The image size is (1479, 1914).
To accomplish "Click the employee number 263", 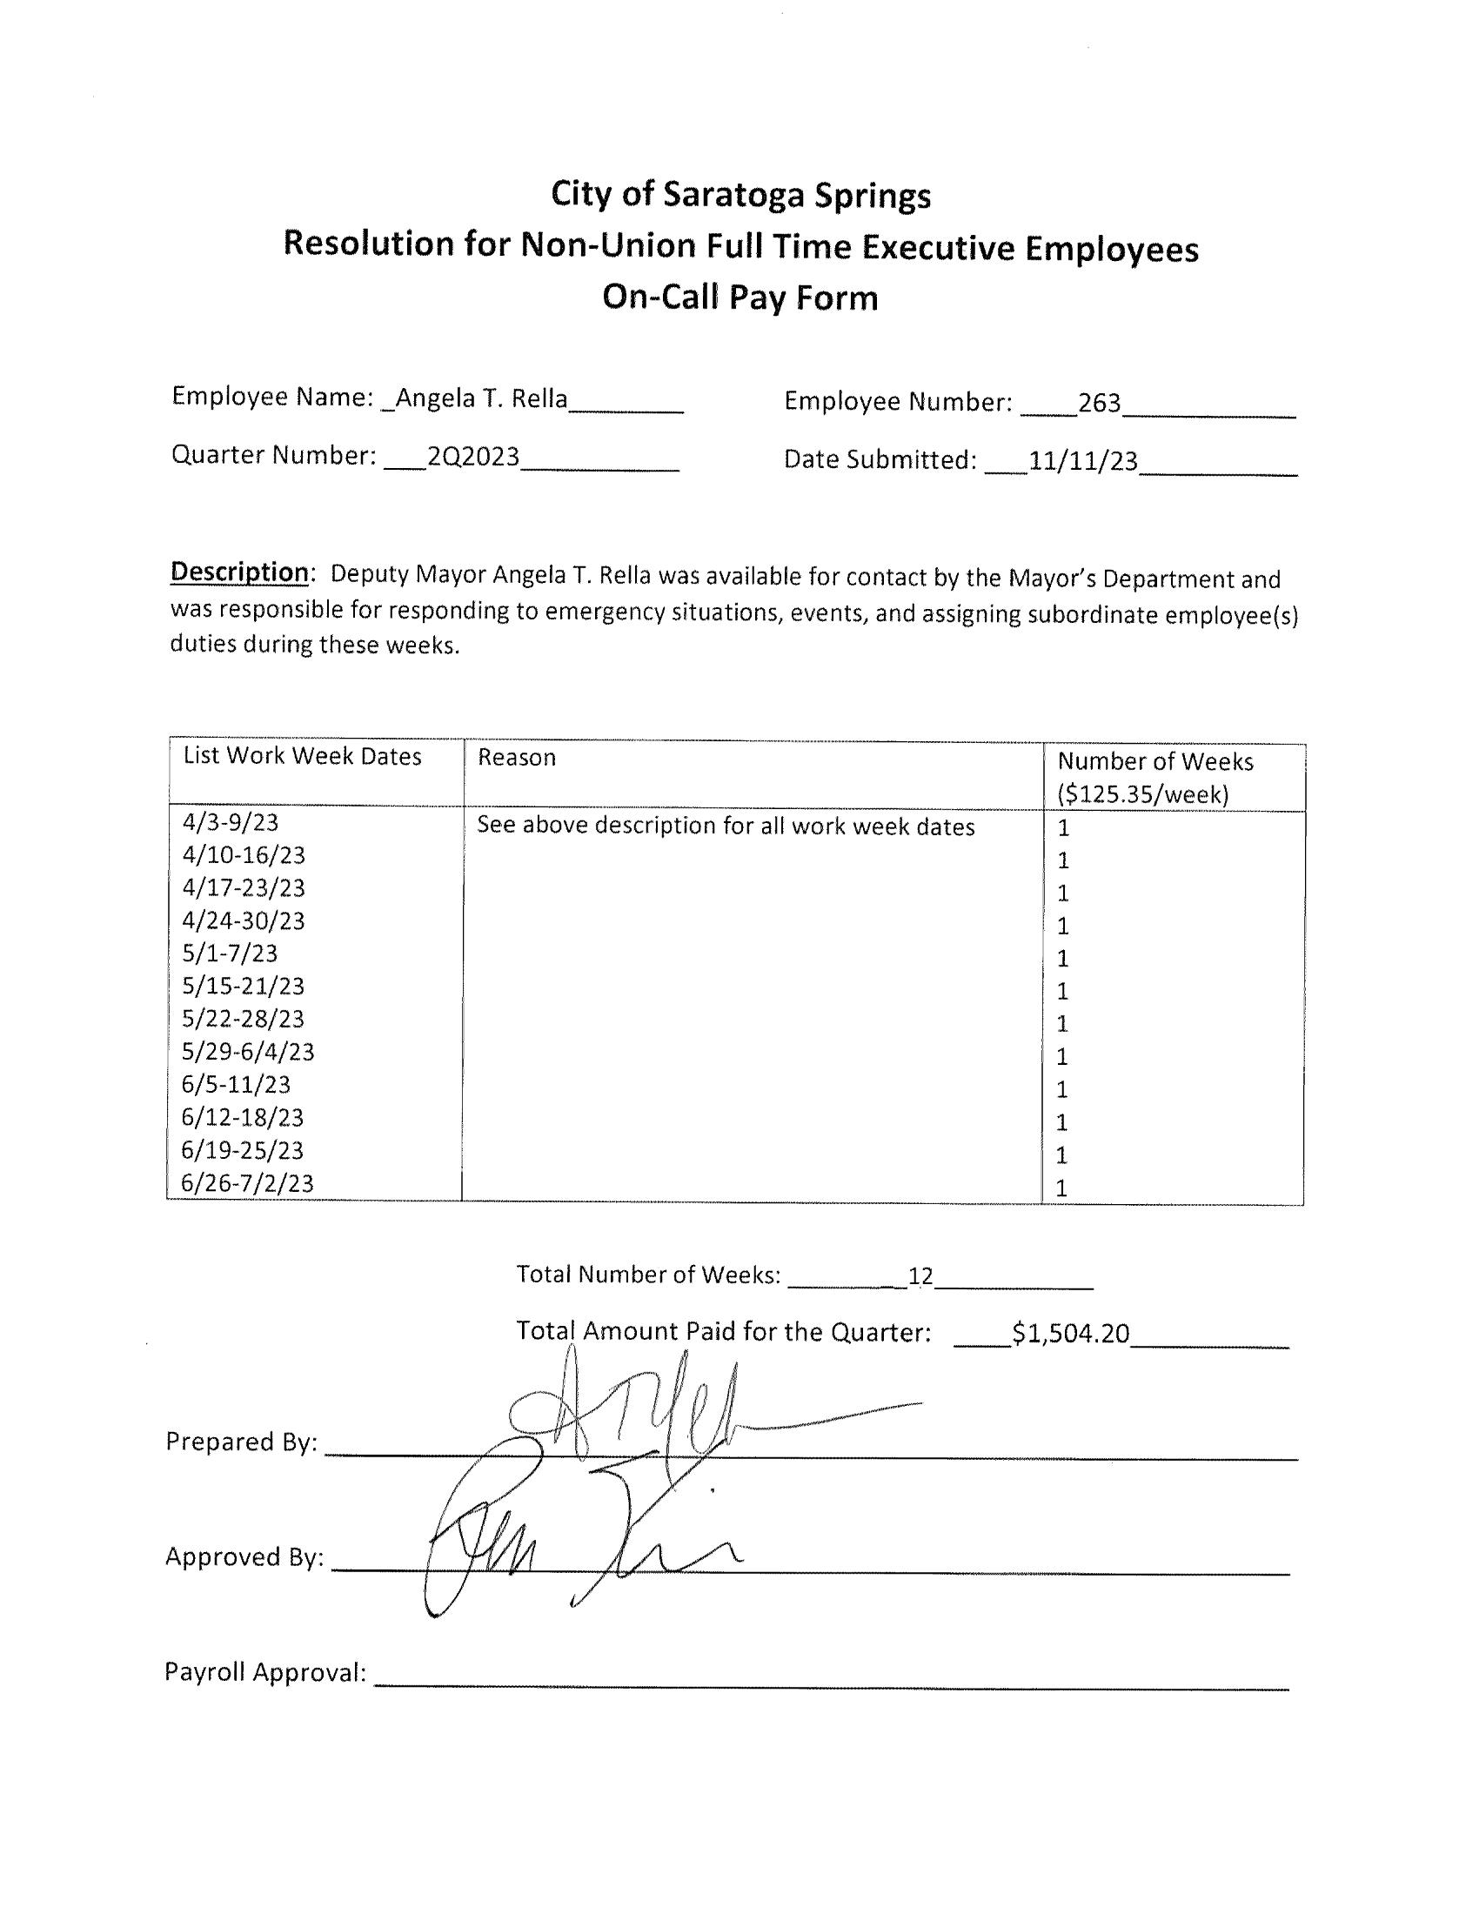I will point(1099,402).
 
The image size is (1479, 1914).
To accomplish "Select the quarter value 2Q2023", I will point(473,457).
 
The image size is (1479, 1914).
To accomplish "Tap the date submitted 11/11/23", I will point(1082,461).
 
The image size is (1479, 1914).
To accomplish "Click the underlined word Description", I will point(238,572).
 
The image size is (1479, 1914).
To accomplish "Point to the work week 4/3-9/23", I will point(231,822).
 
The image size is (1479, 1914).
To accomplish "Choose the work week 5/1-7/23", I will point(230,953).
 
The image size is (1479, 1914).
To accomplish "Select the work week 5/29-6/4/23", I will point(248,1051).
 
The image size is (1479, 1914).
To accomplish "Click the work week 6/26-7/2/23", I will point(247,1183).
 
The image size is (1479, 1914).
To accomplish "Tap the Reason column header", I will point(516,757).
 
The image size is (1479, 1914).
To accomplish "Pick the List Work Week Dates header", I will point(302,756).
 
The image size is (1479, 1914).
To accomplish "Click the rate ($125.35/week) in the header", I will point(1142,794).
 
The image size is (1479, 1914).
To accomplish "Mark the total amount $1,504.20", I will point(1070,1333).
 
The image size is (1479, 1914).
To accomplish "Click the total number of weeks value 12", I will point(920,1276).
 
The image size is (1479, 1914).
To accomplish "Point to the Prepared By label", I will point(241,1442).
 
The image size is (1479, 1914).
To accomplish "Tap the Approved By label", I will point(244,1556).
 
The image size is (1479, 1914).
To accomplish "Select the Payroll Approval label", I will point(264,1672).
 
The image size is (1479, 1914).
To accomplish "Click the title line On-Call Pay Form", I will point(739,298).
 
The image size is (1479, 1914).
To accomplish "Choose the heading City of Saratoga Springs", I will point(740,195).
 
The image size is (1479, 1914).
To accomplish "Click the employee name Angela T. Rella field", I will point(480,399).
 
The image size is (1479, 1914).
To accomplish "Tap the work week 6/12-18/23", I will point(243,1117).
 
